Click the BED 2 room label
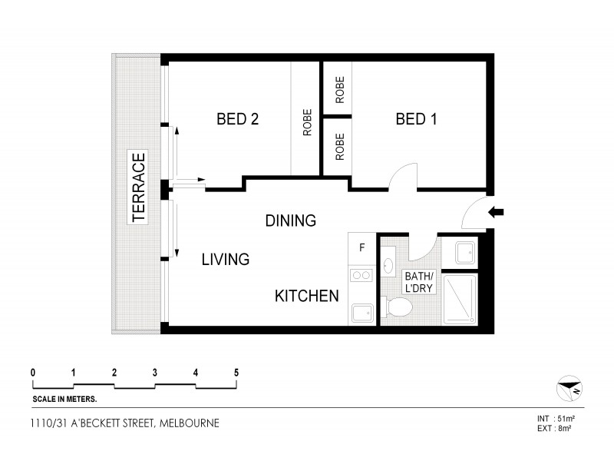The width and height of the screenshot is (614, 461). pyautogui.click(x=237, y=119)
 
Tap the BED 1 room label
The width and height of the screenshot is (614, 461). pyautogui.click(x=416, y=119)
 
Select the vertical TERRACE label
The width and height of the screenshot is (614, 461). pyautogui.click(x=139, y=188)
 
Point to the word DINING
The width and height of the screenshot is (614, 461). pyautogui.click(x=290, y=221)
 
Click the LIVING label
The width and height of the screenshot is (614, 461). pyautogui.click(x=225, y=260)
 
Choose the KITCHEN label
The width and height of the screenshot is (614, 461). pyautogui.click(x=307, y=296)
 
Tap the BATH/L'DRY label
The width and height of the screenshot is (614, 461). pyautogui.click(x=419, y=282)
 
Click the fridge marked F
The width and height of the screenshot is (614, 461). pyautogui.click(x=362, y=247)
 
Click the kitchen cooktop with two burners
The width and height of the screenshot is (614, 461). pyautogui.click(x=361, y=274)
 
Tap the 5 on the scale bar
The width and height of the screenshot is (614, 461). pyautogui.click(x=236, y=373)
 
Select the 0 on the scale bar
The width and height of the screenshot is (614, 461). pyautogui.click(x=33, y=373)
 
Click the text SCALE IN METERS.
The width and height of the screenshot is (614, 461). pyautogui.click(x=64, y=400)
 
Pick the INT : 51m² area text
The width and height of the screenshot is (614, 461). pyautogui.click(x=556, y=418)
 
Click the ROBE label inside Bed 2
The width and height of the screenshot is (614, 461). pyautogui.click(x=306, y=124)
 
